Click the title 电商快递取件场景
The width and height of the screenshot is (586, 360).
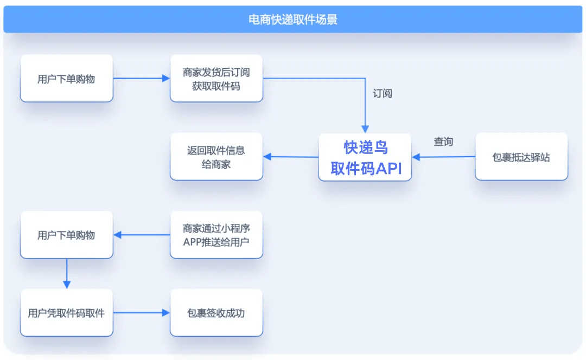click(293, 20)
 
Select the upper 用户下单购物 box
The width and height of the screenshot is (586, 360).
click(66, 79)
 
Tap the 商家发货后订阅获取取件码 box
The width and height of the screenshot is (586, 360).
click(216, 79)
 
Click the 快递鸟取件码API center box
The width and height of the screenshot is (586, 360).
click(365, 157)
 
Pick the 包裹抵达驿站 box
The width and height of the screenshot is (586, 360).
click(521, 157)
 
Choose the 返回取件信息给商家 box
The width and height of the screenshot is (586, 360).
click(216, 157)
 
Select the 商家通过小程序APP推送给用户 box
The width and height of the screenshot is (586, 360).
click(216, 235)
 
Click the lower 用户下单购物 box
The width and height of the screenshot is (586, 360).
click(66, 235)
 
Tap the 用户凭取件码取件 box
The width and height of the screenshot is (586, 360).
click(66, 313)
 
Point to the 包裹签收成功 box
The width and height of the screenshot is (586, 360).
click(216, 313)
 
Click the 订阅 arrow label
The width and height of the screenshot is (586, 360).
click(382, 93)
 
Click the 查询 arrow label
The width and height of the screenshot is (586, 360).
click(443, 142)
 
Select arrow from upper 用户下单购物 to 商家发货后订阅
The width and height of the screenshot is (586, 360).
click(141, 78)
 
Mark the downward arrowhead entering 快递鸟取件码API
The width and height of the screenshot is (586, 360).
click(365, 129)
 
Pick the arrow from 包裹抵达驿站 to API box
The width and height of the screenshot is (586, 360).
click(443, 157)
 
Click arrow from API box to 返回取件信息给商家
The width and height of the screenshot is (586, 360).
click(291, 157)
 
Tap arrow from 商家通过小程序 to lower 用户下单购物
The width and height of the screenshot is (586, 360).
click(142, 235)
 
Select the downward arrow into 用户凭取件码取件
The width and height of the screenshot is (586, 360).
click(67, 274)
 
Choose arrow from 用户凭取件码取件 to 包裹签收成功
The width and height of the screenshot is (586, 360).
click(141, 313)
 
